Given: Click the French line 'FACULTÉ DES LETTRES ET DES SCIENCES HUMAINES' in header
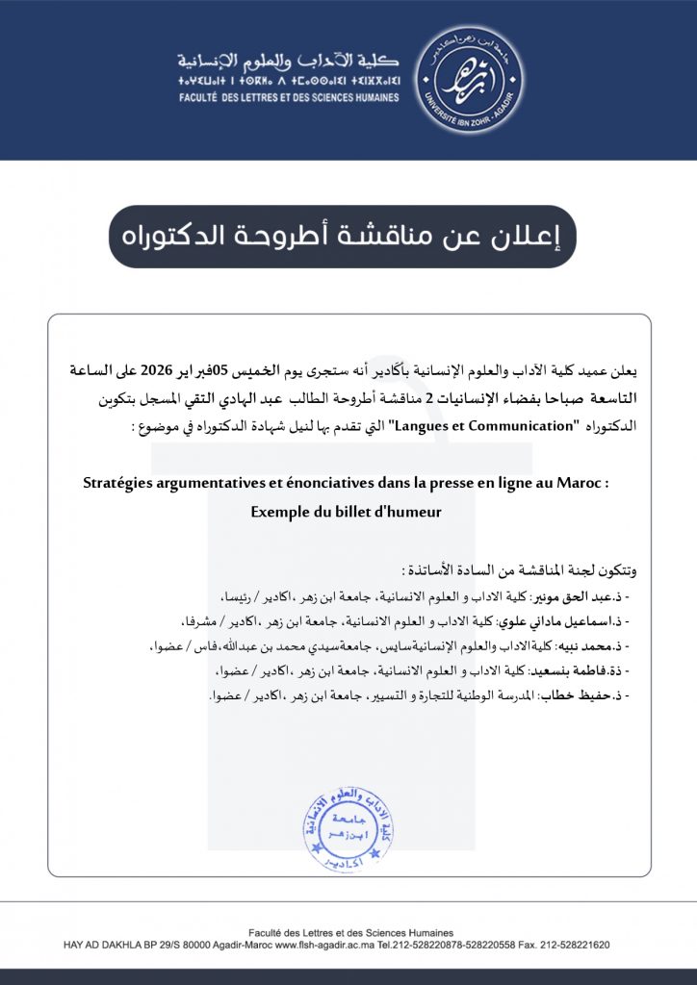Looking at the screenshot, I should (288, 97).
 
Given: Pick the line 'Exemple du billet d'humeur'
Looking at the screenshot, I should (346, 512).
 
